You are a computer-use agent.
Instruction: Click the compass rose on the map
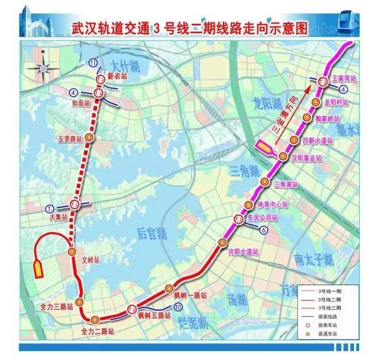42,63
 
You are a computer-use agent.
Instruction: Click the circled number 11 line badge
94,63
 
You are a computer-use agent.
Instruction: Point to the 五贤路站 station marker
90,137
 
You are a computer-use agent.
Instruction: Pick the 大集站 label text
58,217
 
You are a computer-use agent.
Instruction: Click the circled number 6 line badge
262,231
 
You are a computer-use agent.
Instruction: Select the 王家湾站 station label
345,79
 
